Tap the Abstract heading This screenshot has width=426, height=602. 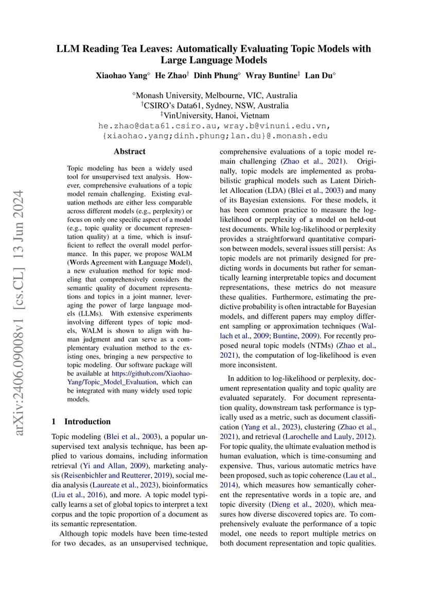(x=130, y=152)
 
